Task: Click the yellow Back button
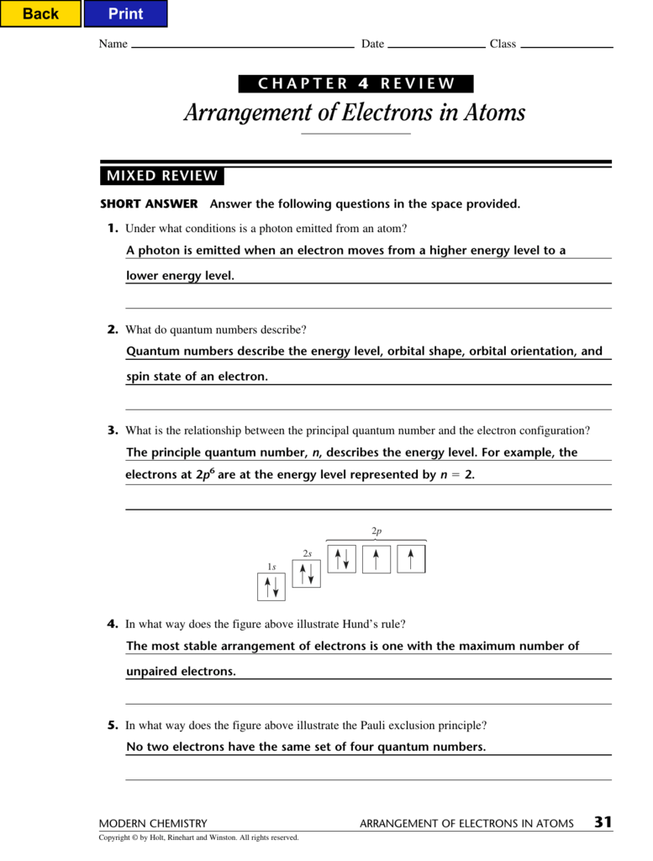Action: coord(40,13)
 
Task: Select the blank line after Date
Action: coord(436,45)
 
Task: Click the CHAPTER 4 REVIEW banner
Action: coord(355,84)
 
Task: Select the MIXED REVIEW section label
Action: coord(161,177)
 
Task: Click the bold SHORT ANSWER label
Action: coord(149,204)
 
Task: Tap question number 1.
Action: coord(112,229)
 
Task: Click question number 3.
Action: coord(112,430)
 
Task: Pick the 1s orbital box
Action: coord(271,587)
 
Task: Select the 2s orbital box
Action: coord(306,573)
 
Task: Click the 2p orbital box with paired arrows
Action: coord(341,559)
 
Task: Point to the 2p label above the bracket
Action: coord(377,531)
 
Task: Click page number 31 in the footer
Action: coord(603,823)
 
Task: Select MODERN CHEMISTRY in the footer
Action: coord(153,824)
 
